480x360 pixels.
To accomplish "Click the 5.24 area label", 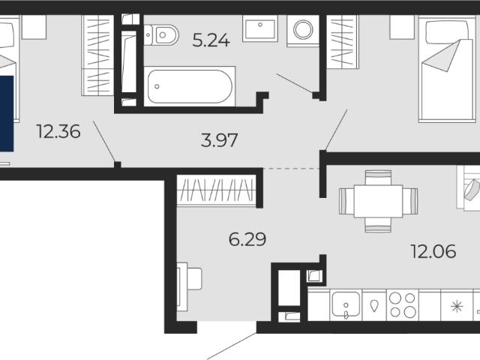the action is tap(211, 40).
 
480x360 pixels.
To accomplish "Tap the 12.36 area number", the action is tap(58, 131).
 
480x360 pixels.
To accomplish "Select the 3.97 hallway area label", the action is tap(219, 140).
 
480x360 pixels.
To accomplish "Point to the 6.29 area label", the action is tap(247, 239).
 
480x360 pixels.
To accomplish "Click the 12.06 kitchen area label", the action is tap(433, 251).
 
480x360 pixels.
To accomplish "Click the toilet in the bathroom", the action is tap(161, 35).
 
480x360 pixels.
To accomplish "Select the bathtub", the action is tap(190, 86).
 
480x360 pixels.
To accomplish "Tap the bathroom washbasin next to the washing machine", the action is tap(260, 29).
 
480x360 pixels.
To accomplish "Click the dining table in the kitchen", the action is tap(378, 201).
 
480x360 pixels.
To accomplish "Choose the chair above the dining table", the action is tap(378, 178).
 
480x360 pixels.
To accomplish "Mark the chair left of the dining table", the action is tap(346, 201).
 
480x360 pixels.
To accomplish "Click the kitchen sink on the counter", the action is tap(346, 304).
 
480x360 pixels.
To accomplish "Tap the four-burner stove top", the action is tap(403, 305).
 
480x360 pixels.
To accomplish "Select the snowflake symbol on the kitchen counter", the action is tap(457, 306).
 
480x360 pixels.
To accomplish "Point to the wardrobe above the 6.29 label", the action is tap(217, 190).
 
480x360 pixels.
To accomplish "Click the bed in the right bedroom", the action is tap(447, 69).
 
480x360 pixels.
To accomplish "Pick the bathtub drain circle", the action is tap(157, 87).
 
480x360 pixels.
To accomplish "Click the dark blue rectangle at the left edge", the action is tap(7, 113).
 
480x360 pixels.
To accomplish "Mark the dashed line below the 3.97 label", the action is tap(291, 168).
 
